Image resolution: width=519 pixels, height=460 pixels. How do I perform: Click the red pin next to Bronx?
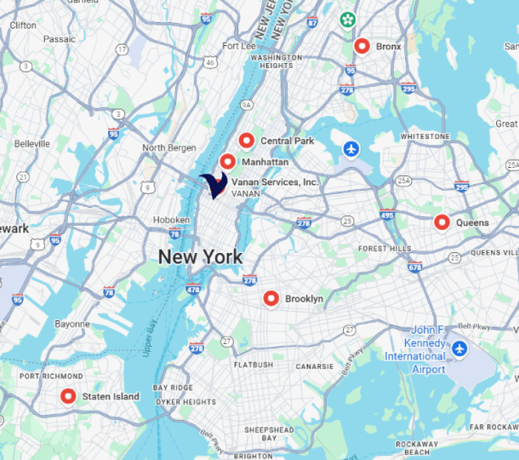point(362,47)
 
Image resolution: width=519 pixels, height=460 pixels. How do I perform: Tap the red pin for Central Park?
point(247,141)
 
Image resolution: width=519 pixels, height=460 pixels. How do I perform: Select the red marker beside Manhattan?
point(227,161)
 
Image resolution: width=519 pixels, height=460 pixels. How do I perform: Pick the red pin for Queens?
point(442,222)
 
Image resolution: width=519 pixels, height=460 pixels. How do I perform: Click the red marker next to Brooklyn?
point(271,298)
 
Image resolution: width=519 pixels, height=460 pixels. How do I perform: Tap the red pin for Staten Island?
point(68,396)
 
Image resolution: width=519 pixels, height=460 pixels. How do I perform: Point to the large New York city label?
point(200,256)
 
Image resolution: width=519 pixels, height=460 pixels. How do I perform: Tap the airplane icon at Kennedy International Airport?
point(459,348)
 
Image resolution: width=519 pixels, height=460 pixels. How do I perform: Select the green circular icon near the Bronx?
point(347,19)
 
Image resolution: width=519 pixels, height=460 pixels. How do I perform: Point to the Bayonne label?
point(71,324)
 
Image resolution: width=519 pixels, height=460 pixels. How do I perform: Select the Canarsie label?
point(315,367)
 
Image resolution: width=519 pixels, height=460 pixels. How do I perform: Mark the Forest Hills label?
point(384,249)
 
